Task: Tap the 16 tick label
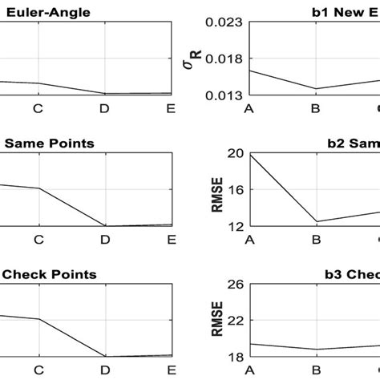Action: click(x=235, y=190)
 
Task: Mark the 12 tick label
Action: click(x=235, y=226)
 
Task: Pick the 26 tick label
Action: click(x=235, y=284)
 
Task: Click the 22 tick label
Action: click(x=235, y=321)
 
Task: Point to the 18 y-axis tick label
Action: click(x=235, y=357)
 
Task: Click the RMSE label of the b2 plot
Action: click(x=215, y=190)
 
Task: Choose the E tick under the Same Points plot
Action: click(x=171, y=239)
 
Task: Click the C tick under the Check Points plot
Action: click(x=38, y=370)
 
